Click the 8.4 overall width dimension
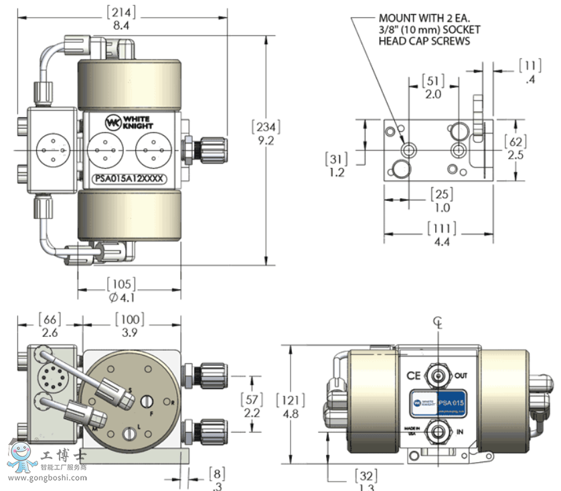point(121,25)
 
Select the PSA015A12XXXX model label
point(128,179)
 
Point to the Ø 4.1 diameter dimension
point(121,297)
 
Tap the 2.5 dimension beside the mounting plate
point(515,155)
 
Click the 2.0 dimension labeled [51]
point(434,94)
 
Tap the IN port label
point(460,432)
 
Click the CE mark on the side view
point(414,376)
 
